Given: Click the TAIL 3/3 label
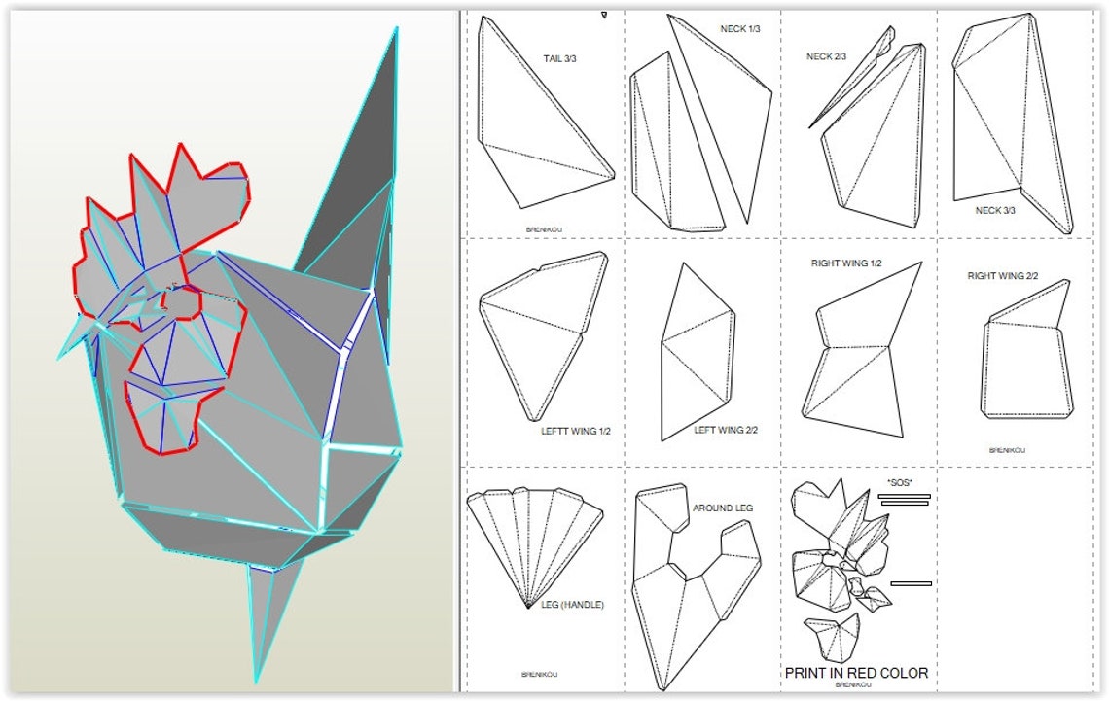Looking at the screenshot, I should (x=559, y=58).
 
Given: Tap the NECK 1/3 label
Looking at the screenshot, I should (x=740, y=29).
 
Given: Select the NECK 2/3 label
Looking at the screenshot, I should (x=826, y=56).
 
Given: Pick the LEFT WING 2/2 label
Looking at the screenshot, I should (x=726, y=430).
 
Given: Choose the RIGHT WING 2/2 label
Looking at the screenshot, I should (x=1002, y=276).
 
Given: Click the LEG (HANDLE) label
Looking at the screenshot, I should (x=572, y=605).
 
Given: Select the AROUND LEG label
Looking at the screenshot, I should (x=723, y=508).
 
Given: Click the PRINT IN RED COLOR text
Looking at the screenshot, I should (x=856, y=673).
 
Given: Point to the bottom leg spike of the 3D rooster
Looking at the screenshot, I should (x=268, y=613).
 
